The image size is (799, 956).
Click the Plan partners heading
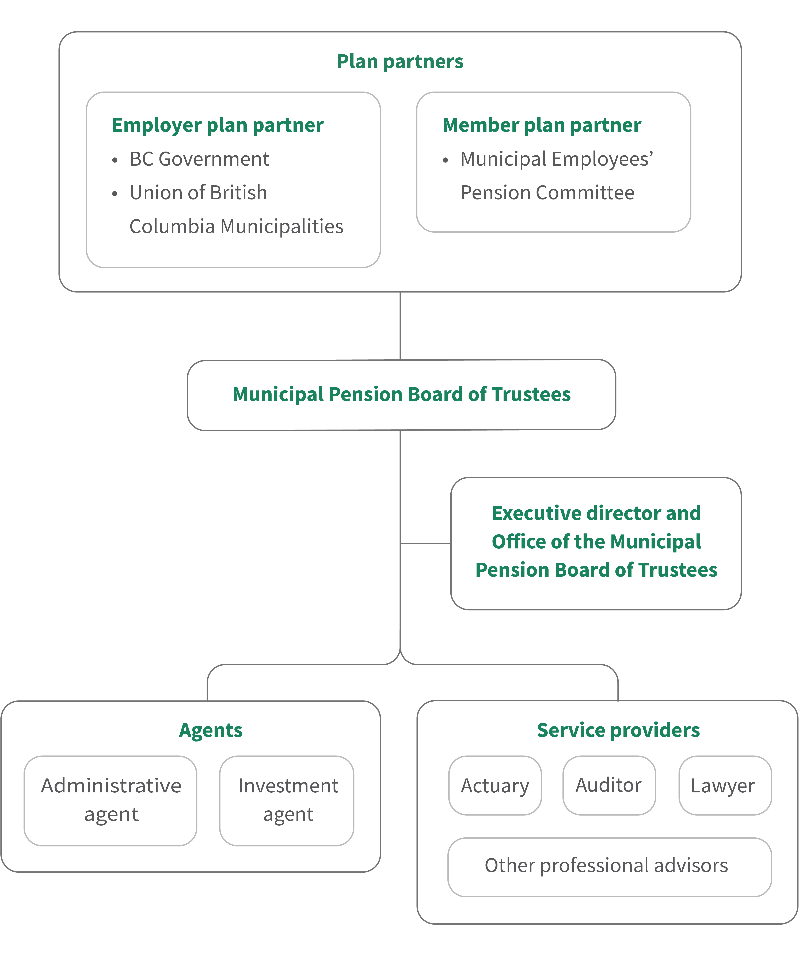point(399,61)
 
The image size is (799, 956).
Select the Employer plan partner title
point(218,125)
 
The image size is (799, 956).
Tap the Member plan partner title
point(541,125)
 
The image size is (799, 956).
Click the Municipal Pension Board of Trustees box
point(401,395)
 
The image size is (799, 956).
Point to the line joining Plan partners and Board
point(400,325)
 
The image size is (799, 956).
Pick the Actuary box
point(495,786)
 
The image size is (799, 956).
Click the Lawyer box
point(724,786)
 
